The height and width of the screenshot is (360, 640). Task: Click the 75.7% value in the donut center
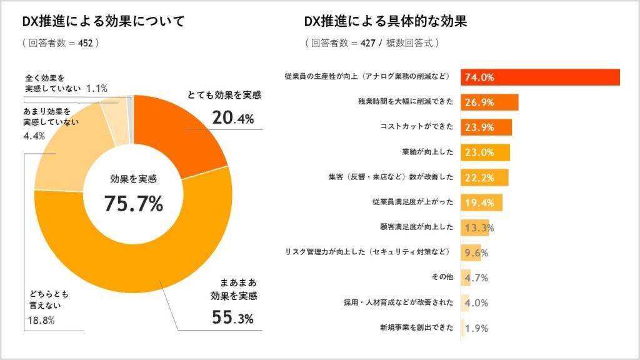pos(133,204)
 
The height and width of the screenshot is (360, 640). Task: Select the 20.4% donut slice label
pos(232,117)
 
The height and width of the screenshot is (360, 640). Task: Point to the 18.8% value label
pos(42,321)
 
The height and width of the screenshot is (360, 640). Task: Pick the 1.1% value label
pos(97,89)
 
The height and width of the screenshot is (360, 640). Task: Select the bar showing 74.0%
pos(541,77)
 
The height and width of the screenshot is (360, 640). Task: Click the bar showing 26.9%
pos(490,102)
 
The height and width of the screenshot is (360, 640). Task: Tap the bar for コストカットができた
pos(487,127)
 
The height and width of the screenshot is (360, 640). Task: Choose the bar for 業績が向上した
pos(486,152)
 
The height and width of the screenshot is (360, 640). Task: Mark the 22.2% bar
pos(485,177)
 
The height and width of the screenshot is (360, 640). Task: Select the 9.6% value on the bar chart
pos(477,253)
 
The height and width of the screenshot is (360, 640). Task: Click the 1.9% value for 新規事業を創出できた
pos(477,328)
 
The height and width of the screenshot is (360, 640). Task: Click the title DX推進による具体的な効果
pos(386,22)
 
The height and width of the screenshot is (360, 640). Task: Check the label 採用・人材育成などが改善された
pos(398,302)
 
